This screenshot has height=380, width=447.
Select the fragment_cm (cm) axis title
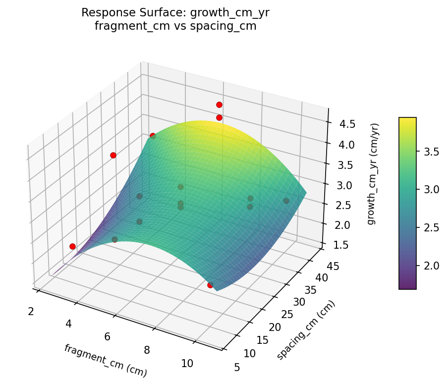tap(105, 359)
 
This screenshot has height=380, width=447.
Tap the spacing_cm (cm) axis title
tap(305, 330)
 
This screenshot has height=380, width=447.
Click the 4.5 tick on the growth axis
tap(347, 124)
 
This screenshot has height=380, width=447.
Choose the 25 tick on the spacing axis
tap(283, 315)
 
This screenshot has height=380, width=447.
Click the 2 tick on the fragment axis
tap(31, 311)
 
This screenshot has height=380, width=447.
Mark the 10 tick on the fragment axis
tap(187, 363)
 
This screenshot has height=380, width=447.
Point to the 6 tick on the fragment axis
tap(108, 337)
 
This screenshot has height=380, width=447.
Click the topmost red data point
tap(219, 105)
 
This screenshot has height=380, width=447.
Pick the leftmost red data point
tap(72, 246)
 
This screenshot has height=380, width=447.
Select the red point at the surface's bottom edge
tap(210, 285)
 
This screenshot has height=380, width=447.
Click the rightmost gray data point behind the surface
tap(286, 201)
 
